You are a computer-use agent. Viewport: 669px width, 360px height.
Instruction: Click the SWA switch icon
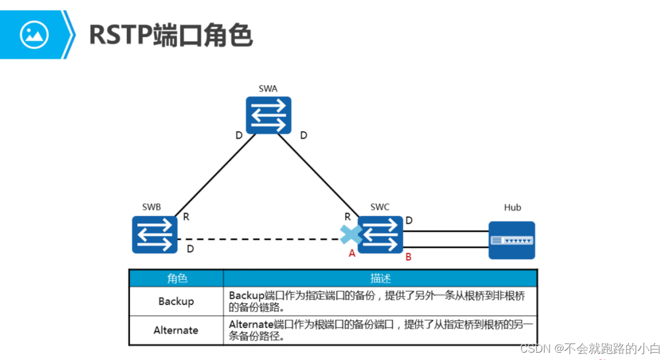point(268,115)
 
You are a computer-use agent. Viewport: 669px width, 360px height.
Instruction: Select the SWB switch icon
point(155,235)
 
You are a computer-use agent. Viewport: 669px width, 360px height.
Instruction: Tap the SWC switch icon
point(381,235)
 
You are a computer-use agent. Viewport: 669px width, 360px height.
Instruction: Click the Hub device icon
point(512,240)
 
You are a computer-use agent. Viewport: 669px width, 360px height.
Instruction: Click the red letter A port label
point(352,253)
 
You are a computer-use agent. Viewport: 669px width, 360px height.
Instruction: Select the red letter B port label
point(409,257)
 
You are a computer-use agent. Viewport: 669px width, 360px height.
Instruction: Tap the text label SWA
point(268,88)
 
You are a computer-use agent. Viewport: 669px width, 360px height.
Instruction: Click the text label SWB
point(151,207)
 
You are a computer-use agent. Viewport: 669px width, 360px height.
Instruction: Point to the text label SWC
point(379,207)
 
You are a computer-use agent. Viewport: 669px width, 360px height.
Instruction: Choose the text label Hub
point(512,207)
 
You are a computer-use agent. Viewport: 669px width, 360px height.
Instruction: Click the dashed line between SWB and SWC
point(262,239)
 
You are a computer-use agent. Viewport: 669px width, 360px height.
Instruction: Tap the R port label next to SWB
point(186,216)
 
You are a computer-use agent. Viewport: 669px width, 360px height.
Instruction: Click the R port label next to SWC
point(348,216)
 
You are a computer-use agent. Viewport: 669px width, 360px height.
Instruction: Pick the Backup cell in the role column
point(176,301)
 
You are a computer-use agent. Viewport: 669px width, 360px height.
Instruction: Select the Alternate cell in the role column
point(176,330)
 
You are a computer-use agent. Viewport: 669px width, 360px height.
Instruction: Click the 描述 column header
point(380,278)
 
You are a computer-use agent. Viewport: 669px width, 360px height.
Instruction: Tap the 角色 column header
point(177,278)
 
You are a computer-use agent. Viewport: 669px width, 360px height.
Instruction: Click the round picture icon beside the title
point(34,35)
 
